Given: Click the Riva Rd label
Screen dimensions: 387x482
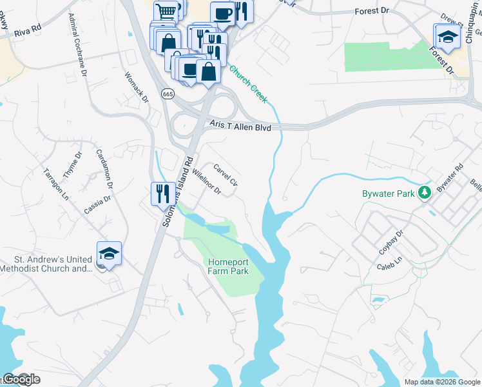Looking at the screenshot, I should tap(28, 30).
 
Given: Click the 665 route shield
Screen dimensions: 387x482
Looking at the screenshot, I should tap(168, 94).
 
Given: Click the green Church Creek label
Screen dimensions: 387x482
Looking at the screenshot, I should tap(248, 83).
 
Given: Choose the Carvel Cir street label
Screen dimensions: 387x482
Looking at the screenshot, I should tap(226, 174).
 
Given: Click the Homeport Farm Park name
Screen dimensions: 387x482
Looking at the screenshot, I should tap(228, 266).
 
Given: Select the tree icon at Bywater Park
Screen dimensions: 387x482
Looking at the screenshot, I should tap(425, 192).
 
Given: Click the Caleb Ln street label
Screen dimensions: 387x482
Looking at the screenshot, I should tap(389, 264).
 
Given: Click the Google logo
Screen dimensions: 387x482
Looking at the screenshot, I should tap(21, 379).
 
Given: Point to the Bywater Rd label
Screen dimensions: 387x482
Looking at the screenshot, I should tap(449, 178).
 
